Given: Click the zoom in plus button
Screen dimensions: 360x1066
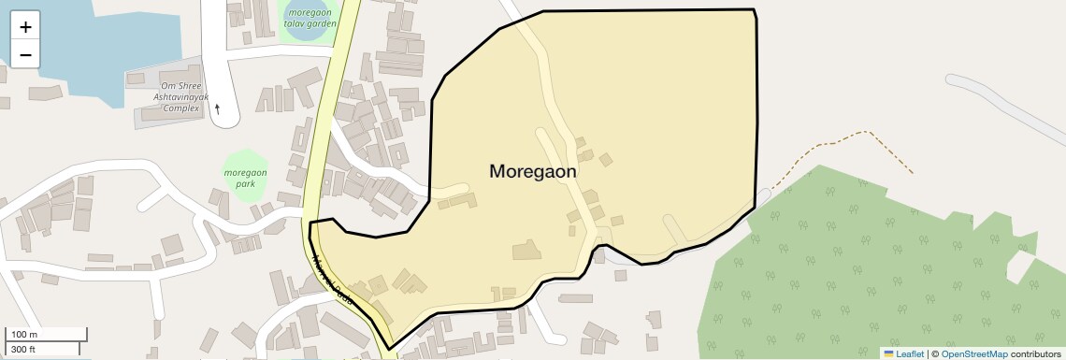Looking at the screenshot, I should pos(25,27).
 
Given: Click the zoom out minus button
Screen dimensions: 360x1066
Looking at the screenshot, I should pos(25,55).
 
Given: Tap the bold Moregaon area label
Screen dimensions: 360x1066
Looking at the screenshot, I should pos(532,172).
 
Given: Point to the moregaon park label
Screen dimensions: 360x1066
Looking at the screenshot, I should pos(246,179).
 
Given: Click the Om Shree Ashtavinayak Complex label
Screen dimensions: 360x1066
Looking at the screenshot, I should pos(181,96).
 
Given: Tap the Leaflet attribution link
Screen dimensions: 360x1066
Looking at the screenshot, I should pos(910,353).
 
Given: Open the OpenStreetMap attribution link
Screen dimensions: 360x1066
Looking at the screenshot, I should pos(974,353).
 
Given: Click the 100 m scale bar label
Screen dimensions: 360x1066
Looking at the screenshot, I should pos(24,335).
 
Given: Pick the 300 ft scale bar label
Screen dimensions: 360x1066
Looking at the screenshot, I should pos(23,349).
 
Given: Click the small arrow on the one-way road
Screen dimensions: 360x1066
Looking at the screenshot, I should pos(218,108).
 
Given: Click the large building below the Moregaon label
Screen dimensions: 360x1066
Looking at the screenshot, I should pos(526,250).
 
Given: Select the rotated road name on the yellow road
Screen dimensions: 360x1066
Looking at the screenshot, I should pos(333,281).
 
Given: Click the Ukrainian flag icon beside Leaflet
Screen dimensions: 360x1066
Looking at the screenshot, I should pos(888,353).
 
